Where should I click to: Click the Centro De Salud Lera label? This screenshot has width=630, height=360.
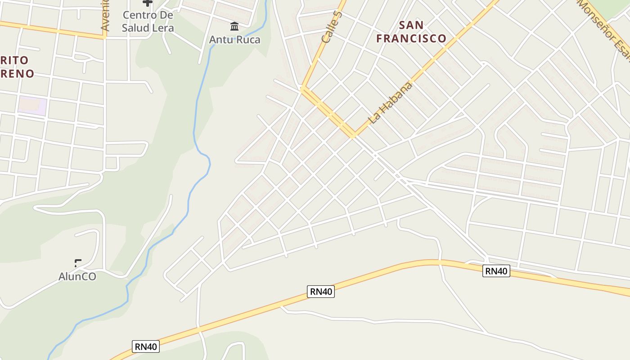[x=148, y=21]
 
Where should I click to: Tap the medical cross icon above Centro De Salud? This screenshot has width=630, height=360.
[x=148, y=3]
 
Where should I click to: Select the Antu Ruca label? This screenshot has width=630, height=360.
[x=234, y=40]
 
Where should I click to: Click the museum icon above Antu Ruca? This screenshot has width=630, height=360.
[x=234, y=26]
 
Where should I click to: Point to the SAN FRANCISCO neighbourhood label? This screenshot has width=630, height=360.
[x=411, y=31]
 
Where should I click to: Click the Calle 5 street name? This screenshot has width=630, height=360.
[x=332, y=27]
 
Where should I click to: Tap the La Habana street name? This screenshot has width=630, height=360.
[x=390, y=103]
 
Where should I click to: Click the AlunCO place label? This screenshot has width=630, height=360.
[x=77, y=276]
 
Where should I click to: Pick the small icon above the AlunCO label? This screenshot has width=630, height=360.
[x=78, y=263]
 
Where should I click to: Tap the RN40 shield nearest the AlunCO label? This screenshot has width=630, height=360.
[x=146, y=346]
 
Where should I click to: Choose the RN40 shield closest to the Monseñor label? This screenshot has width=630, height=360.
[x=496, y=271]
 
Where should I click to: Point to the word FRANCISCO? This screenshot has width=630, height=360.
[x=411, y=39]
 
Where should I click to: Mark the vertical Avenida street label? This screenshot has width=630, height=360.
[x=105, y=16]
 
